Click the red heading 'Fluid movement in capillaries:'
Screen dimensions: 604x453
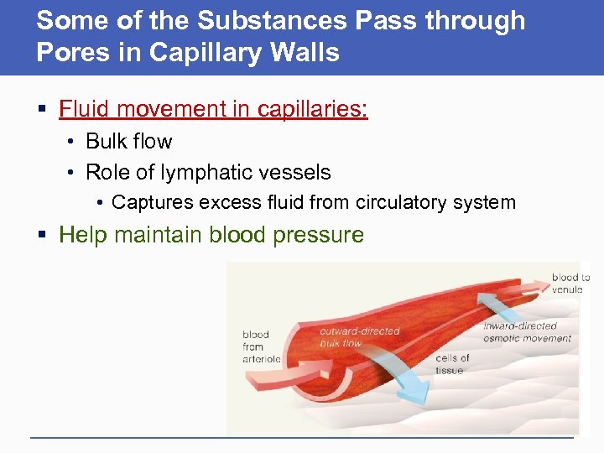[x=213, y=109]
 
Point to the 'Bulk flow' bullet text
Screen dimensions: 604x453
[x=128, y=141]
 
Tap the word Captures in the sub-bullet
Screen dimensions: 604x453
[x=148, y=202]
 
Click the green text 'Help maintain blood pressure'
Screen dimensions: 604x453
[x=211, y=234]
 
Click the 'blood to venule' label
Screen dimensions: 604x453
[x=570, y=283]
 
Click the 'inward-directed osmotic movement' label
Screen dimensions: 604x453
[x=526, y=332]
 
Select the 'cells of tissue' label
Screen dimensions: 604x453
[x=452, y=364]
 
